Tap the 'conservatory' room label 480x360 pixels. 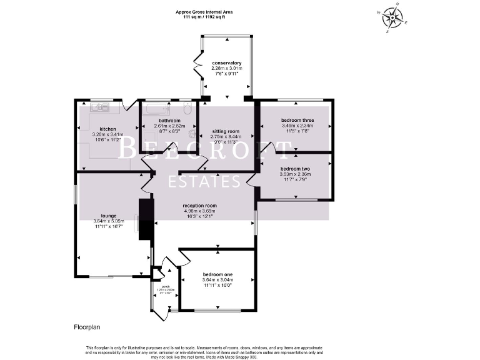tap(226, 63)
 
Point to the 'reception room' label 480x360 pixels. tap(199, 206)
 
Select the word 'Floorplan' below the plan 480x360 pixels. tap(82, 326)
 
